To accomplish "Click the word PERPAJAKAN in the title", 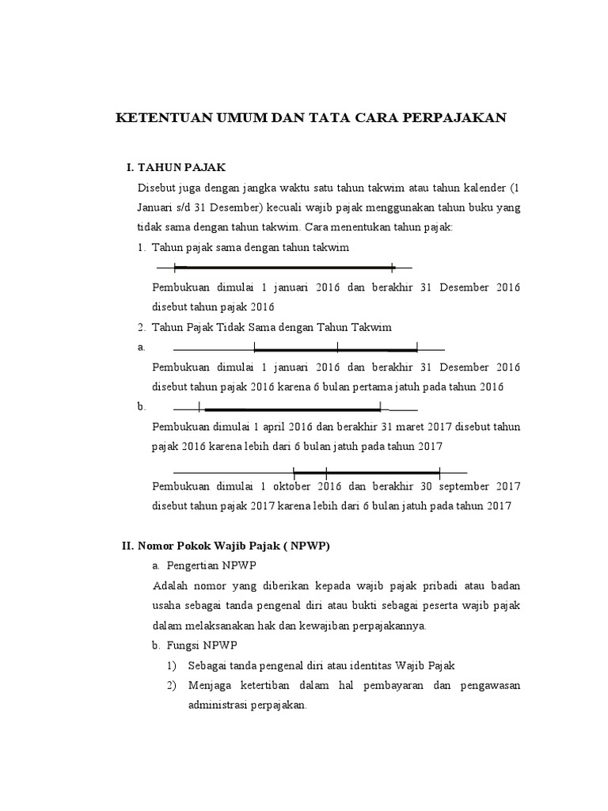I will [453, 119].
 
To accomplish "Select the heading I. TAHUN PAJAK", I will [177, 167].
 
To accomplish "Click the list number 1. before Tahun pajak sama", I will [141, 248].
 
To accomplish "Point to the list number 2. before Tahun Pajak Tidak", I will [141, 326].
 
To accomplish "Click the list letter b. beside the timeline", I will [141, 406].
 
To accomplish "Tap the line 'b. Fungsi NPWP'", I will [192, 645].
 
